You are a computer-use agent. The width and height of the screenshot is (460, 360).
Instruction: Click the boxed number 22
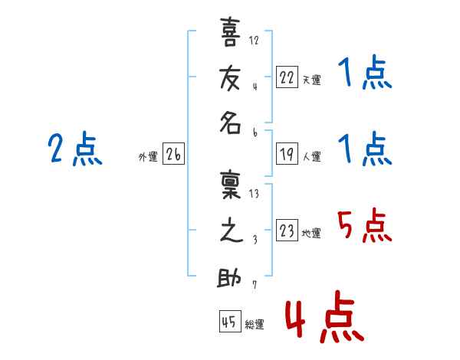[287, 77]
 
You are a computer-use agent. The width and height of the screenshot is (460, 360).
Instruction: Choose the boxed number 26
[172, 155]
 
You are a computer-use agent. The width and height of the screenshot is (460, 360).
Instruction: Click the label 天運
[311, 80]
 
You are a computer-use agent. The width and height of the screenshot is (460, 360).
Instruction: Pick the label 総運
[255, 325]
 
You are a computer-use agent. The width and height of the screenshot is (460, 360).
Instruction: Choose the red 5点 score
[364, 226]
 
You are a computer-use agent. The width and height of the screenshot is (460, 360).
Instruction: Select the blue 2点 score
[74, 149]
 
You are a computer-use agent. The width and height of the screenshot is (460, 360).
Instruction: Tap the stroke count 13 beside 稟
[254, 194]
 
